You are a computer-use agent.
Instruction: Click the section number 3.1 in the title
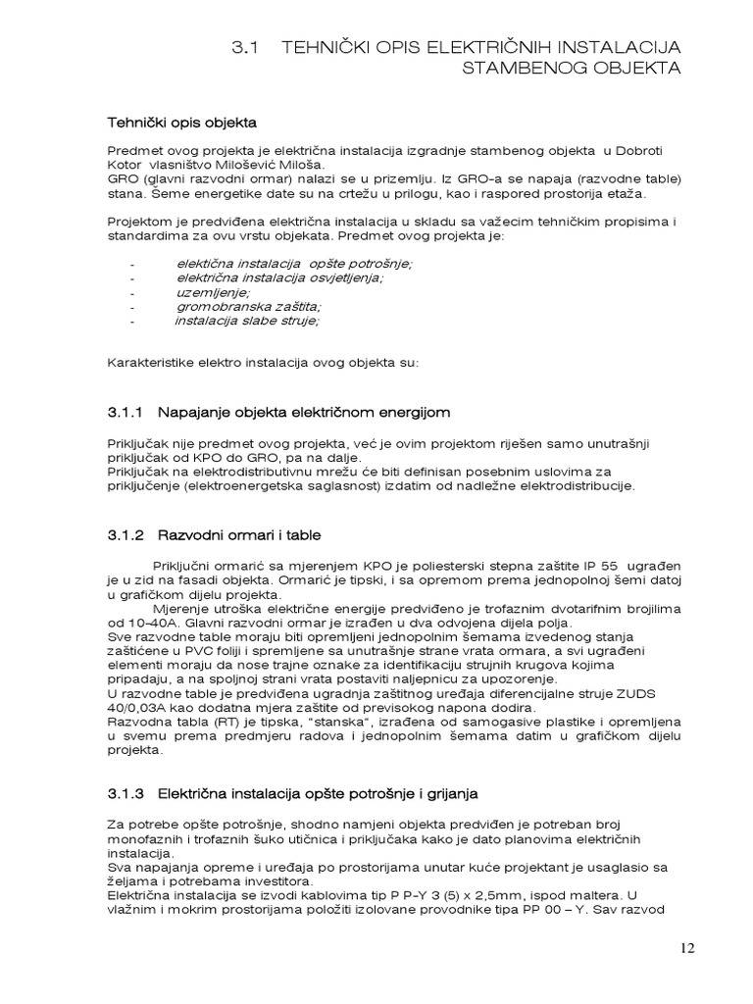[x=245, y=47]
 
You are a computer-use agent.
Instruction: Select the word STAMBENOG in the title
[x=520, y=68]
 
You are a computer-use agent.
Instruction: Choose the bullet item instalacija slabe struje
[x=247, y=320]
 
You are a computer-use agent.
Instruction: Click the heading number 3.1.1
[x=125, y=411]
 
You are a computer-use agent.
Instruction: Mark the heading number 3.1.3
[x=125, y=792]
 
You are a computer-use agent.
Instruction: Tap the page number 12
[x=685, y=948]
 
